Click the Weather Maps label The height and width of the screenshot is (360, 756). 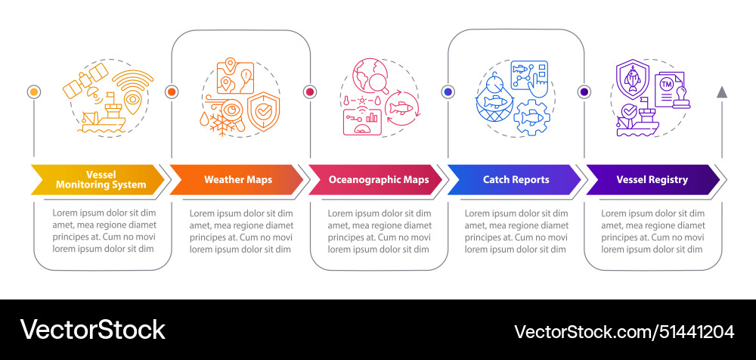(238, 179)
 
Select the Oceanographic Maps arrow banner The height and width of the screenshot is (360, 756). (376, 179)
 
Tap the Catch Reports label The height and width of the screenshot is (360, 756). (516, 179)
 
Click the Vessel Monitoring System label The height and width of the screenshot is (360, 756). (101, 179)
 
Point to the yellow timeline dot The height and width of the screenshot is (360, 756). (34, 92)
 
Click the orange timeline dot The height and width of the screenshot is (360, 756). (172, 92)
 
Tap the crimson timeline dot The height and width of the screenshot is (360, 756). (310, 92)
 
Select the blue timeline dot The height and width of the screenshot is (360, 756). (448, 92)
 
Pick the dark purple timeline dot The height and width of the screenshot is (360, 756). (584, 92)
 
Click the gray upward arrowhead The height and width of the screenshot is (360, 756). (722, 92)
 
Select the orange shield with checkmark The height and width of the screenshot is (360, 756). (263, 110)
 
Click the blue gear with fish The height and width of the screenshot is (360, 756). (530, 116)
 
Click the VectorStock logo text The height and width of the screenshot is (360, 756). (92, 330)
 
